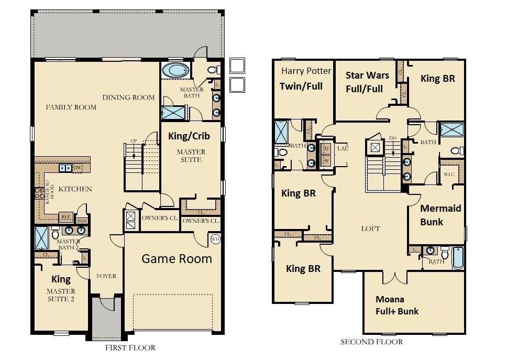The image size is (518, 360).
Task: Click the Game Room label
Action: coord(177,258)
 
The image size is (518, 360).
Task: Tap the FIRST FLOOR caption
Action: coord(130,347)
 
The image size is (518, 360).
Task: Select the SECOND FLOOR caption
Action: coord(371,342)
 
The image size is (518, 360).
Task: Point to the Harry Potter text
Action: coord(306,71)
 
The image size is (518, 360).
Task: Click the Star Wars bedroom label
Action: coord(367,82)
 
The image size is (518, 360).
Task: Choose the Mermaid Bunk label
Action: coord(440,215)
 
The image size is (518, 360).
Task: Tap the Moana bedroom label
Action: coord(396,305)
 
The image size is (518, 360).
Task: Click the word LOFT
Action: coord(370,228)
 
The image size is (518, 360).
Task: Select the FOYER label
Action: coord(106,276)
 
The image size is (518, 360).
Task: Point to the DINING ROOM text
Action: coord(128,97)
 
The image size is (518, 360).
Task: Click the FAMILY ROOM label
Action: coord(71,107)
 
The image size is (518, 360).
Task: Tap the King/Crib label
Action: coord(189,136)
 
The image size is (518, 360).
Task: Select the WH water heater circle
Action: coord(215,239)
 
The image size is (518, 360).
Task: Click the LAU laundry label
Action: coord(343,149)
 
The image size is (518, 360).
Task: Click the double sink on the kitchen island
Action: coord(65,168)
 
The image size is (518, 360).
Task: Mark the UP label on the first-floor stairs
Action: coord(134,141)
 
